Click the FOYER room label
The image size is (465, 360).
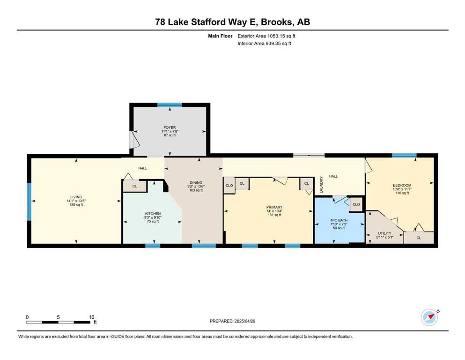170,127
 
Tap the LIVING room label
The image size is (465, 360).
76,197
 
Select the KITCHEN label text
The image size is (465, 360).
153,214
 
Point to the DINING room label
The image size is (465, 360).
196,182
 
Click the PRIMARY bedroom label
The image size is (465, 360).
274,207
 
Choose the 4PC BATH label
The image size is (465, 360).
339,220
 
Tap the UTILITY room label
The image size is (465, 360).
384,233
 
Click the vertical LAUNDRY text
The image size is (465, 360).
321,185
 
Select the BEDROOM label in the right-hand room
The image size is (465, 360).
402,185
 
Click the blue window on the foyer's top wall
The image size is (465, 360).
170,105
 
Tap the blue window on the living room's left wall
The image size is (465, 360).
29,202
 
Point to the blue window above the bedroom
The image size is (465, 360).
404,155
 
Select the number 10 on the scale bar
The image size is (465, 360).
91,317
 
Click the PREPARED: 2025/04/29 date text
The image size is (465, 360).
232,321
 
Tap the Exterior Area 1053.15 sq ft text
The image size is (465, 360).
266,36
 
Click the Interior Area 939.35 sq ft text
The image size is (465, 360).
264,43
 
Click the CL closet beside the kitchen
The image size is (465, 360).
135,186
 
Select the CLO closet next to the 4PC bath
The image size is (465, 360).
356,204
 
